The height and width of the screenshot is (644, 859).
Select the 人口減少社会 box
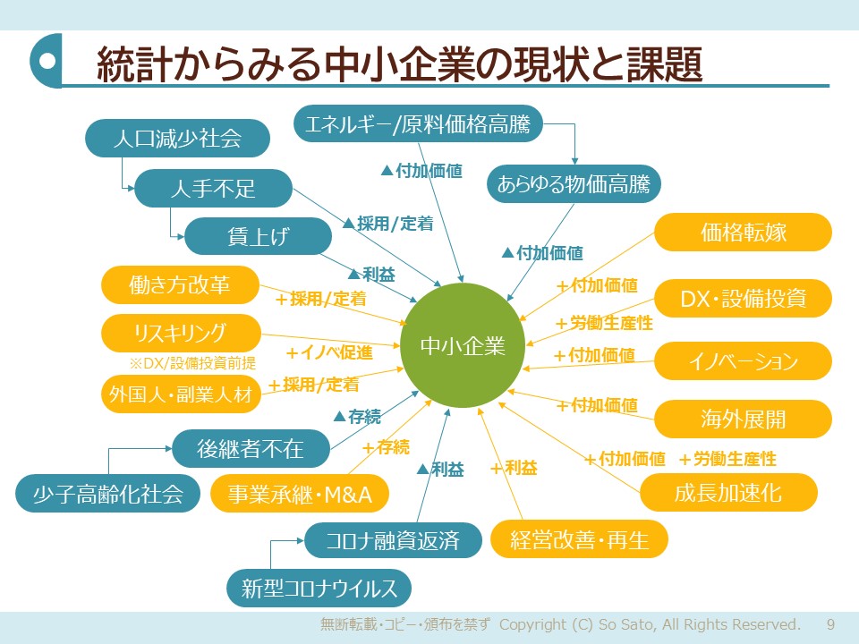pyautogui.click(x=178, y=139)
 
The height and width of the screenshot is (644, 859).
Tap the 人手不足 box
pyautogui.click(x=214, y=188)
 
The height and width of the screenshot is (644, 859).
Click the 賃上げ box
pyautogui.click(x=259, y=236)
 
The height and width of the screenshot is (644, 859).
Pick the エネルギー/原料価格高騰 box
pyautogui.click(x=419, y=124)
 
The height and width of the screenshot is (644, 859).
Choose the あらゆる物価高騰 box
pyautogui.click(x=574, y=186)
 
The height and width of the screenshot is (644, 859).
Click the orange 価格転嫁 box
pyautogui.click(x=743, y=233)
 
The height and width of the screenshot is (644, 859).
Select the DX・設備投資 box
pyautogui.click(x=743, y=298)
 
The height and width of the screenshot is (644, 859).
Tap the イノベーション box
pyautogui.click(x=743, y=361)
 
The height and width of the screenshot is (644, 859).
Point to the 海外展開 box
pyautogui.click(x=743, y=419)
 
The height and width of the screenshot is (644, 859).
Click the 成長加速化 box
pyautogui.click(x=728, y=492)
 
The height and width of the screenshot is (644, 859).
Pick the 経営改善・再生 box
pyautogui.click(x=579, y=539)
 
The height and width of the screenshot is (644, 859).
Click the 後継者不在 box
pyautogui.click(x=251, y=449)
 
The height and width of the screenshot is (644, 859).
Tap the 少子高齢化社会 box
pyautogui.click(x=107, y=493)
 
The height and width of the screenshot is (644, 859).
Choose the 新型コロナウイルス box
pyautogui.click(x=319, y=588)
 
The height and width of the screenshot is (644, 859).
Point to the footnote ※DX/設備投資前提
pyautogui.click(x=192, y=363)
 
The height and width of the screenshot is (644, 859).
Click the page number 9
pyautogui.click(x=830, y=623)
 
